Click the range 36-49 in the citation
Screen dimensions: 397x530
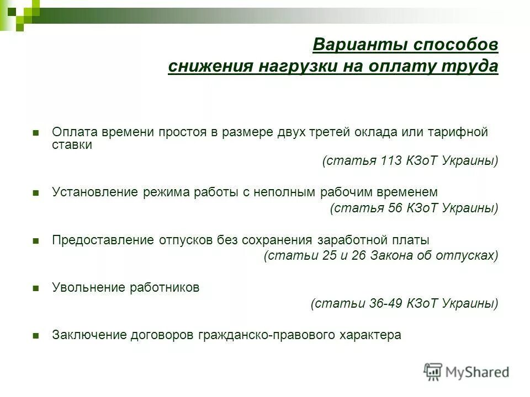[386, 303]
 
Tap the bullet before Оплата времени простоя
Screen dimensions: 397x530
[36, 133]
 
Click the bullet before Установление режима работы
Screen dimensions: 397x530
[36, 193]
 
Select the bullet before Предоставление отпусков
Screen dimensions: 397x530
[36, 241]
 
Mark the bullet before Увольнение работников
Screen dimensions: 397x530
[36, 288]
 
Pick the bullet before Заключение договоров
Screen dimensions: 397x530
[36, 336]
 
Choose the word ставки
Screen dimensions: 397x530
[72, 145]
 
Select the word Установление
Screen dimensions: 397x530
[94, 192]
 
